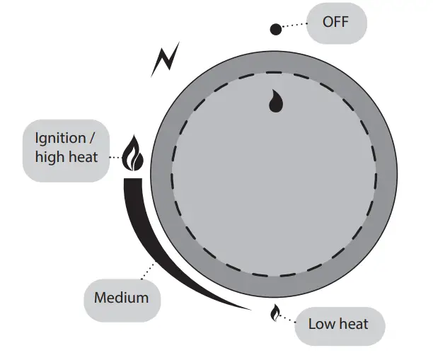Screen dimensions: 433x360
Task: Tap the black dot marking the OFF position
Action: click(276, 29)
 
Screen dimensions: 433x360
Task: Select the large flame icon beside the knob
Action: click(132, 155)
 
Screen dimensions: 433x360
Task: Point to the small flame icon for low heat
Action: click(275, 313)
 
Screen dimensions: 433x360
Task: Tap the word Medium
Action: click(122, 298)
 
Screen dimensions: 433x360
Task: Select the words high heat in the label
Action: click(67, 157)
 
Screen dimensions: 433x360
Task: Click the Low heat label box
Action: click(338, 325)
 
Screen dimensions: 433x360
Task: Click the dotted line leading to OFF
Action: click(296, 25)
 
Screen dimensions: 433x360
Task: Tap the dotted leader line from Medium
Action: click(148, 272)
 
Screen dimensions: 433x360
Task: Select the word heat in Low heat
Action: click(353, 325)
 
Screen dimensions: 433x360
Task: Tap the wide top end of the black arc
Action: click(133, 185)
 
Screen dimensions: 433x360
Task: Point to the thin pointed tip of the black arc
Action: click(248, 308)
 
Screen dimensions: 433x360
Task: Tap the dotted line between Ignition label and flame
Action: click(115, 157)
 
